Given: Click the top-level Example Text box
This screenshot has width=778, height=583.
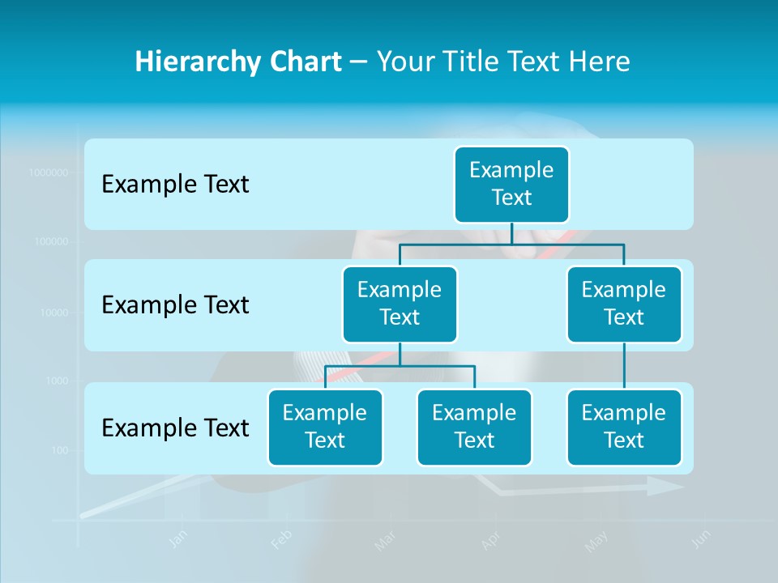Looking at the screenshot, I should [x=511, y=185].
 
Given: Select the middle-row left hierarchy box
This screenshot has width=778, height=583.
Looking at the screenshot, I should [x=400, y=304].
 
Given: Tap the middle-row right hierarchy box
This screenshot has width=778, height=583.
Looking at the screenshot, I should [x=624, y=304].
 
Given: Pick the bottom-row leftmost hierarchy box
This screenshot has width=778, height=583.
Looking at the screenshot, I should [x=325, y=428].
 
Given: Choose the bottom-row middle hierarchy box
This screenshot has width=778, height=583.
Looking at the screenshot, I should [x=474, y=428].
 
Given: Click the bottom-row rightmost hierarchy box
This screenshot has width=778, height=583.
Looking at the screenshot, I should [x=624, y=428].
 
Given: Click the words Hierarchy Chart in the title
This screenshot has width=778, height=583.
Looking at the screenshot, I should [x=238, y=62].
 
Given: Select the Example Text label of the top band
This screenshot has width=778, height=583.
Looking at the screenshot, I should [x=175, y=185].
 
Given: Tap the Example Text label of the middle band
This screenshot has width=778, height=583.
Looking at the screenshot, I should [x=175, y=305].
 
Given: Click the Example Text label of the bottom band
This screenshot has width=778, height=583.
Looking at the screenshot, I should [x=175, y=428].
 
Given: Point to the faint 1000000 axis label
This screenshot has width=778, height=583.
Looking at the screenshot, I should [x=49, y=172].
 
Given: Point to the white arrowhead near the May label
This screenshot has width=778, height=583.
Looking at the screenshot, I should [x=666, y=486].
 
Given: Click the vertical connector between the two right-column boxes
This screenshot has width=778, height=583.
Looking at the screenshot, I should [x=624, y=366].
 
